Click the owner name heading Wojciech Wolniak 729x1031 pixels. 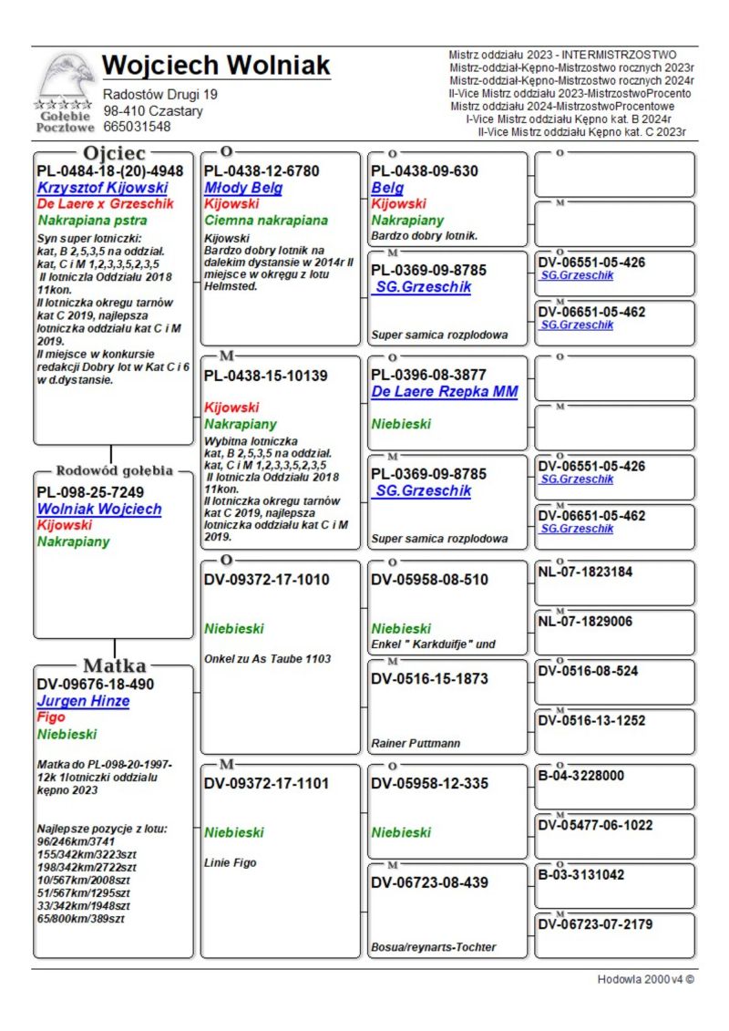tap(216, 66)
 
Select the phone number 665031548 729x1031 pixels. tap(137, 127)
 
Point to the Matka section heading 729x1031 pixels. tap(115, 665)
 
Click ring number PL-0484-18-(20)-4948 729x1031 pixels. tap(109, 170)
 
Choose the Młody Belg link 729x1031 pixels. tap(242, 188)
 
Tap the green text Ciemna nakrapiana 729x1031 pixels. tap(265, 221)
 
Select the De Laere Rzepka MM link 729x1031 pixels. tap(444, 392)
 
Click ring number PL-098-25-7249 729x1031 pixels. tap(92, 492)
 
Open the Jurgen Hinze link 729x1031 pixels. tap(83, 701)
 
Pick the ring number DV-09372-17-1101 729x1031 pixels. tap(266, 783)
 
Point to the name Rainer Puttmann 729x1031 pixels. tap(416, 744)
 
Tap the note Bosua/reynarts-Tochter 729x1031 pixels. tap(433, 948)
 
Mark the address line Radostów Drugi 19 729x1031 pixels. tap(160, 94)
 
